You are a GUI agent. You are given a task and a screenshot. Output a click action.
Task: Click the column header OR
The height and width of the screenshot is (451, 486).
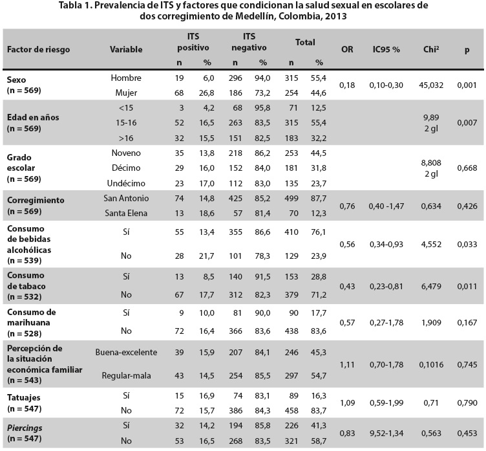[346, 49]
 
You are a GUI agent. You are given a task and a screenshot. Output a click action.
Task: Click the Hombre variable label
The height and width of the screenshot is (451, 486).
[126, 78]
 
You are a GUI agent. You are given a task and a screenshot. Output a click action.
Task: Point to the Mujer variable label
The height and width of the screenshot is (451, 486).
[126, 92]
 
